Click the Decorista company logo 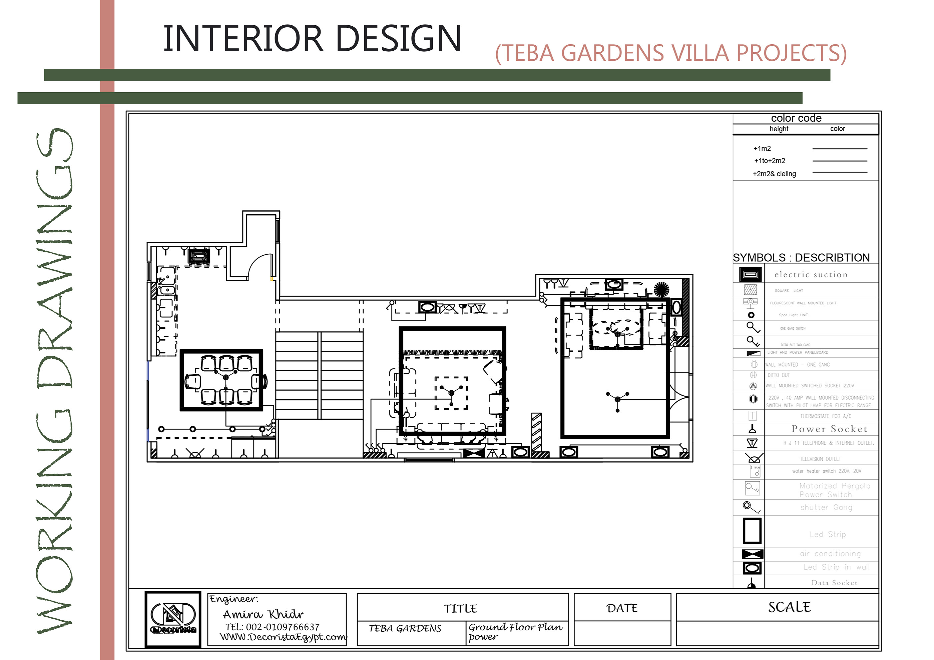(173, 619)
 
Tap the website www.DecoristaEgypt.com (283, 637)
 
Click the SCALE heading (789, 607)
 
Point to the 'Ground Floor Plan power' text (515, 632)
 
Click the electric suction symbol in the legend (750, 274)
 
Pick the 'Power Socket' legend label (829, 429)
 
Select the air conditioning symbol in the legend (752, 554)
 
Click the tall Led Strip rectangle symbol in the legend (752, 530)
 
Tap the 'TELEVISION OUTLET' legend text (820, 459)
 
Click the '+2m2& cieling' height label (774, 174)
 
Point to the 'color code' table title (796, 118)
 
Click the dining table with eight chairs (222, 380)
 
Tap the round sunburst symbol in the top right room (661, 289)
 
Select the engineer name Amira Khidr (263, 614)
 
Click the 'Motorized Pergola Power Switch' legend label (834, 490)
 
